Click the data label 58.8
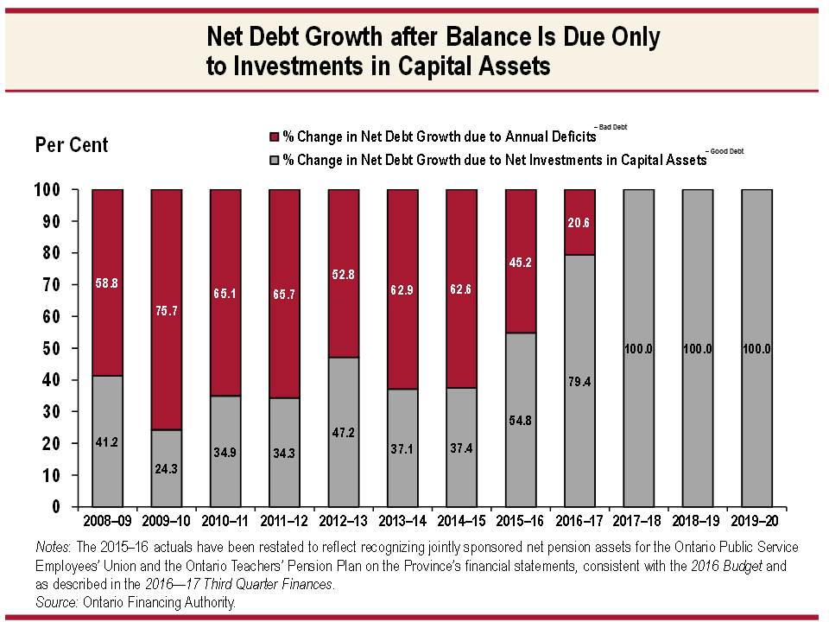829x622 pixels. pos(107,282)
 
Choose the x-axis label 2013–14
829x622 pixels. pos(402,521)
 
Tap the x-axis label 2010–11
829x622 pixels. pos(225,521)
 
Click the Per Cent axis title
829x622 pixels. pos(72,145)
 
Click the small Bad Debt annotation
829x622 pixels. pos(611,127)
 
